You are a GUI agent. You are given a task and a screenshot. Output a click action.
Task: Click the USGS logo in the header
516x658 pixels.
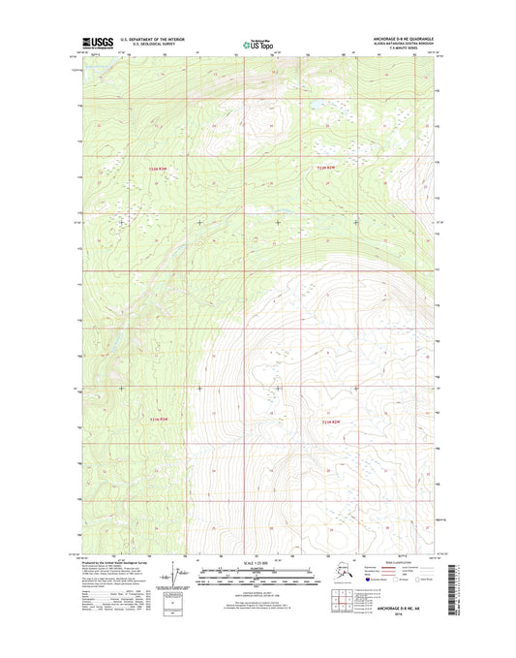coord(99,42)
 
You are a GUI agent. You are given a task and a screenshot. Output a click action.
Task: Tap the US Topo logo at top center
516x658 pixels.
coord(257,43)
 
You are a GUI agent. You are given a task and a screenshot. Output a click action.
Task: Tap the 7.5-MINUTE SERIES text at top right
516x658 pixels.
coord(418,49)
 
